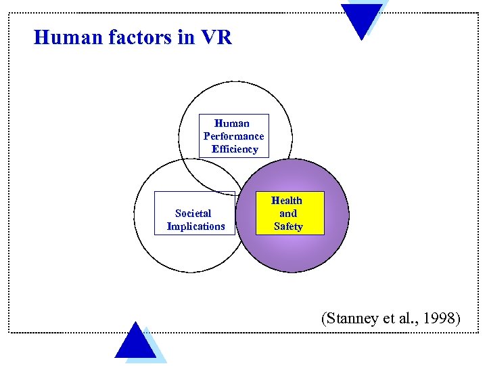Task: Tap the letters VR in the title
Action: (x=216, y=37)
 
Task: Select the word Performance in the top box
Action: (x=234, y=136)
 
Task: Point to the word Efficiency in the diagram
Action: (x=235, y=149)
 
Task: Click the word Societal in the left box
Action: (x=193, y=213)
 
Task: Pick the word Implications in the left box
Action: (x=195, y=226)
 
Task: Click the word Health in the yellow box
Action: (x=287, y=201)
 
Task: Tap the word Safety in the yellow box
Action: (x=288, y=226)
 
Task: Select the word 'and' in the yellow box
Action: (x=288, y=213)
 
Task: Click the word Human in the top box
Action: (x=232, y=123)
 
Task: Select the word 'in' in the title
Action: (x=185, y=37)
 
